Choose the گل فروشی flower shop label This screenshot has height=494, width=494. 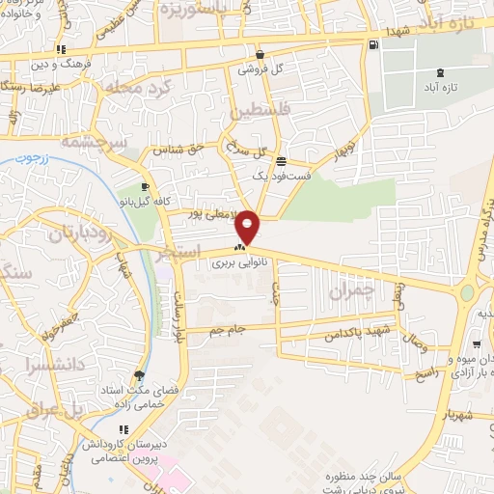(260, 70)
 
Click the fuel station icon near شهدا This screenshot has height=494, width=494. (372, 44)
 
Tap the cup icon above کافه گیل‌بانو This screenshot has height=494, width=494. (145, 187)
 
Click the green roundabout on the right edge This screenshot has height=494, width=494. (468, 291)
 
